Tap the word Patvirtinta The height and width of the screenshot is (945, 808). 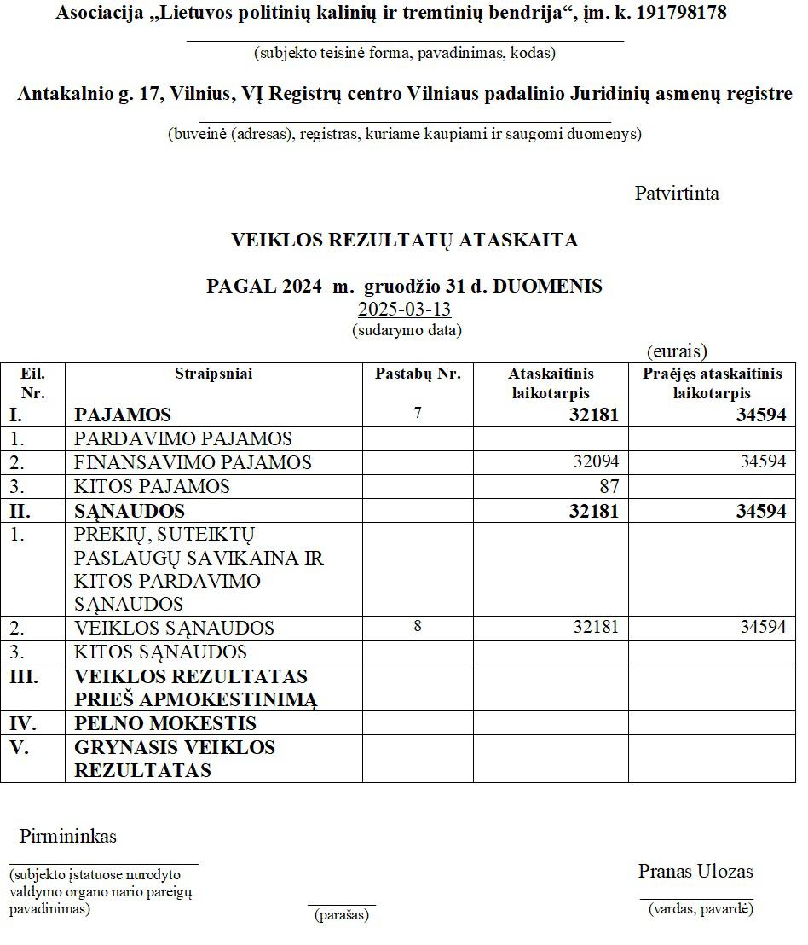coord(677,194)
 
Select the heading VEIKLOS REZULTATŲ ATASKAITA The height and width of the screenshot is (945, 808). coord(404,241)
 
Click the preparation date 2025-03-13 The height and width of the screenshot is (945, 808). coord(404,309)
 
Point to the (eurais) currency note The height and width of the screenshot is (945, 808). coord(677,351)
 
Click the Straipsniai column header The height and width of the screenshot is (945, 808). coord(213,374)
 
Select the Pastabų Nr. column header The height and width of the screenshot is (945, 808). coord(418,374)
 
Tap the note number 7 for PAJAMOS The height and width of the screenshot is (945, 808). coord(417,414)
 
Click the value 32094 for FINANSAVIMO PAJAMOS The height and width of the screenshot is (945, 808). coord(596,462)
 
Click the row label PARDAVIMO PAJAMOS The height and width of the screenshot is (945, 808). coord(183,438)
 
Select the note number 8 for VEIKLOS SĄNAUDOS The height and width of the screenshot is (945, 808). coord(417,626)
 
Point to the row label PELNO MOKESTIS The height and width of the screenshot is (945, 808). coord(165,724)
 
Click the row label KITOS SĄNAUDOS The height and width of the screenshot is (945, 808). coord(160,652)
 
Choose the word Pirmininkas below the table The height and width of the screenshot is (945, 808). coord(68,837)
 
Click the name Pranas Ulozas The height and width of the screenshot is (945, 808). coord(695,872)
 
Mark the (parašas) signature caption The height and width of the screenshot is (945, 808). coord(341,915)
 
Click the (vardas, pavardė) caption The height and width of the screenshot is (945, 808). coord(700,909)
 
